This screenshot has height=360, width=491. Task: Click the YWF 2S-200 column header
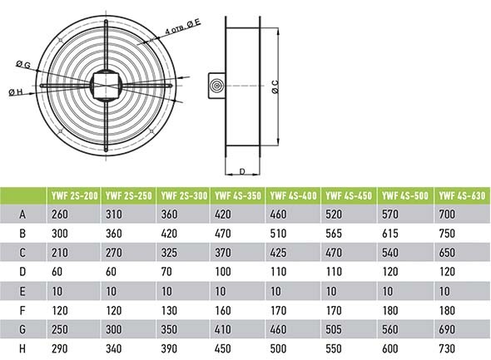click(75, 195)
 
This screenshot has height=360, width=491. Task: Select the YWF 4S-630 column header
click(462, 195)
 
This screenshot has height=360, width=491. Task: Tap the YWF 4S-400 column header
click(293, 195)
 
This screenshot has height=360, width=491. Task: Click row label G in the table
click(22, 329)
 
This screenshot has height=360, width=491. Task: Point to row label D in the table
click(22, 272)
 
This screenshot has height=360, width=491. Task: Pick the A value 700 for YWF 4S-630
click(447, 215)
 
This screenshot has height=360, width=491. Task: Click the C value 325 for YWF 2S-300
click(169, 253)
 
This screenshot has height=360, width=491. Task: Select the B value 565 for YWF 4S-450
click(334, 234)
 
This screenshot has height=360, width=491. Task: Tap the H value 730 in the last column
click(447, 348)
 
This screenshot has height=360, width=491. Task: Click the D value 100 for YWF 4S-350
click(223, 272)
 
